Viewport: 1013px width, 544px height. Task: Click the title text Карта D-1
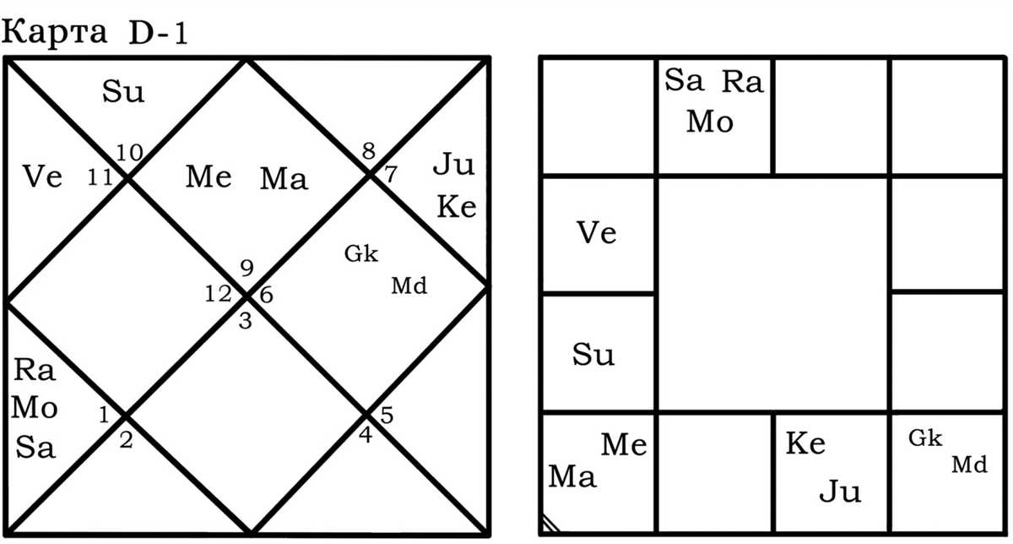click(95, 33)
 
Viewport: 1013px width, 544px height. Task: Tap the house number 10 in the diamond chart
click(129, 153)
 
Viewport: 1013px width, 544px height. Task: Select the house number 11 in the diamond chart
click(100, 177)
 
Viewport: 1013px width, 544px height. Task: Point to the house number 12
click(219, 294)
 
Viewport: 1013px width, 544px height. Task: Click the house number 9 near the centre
click(246, 268)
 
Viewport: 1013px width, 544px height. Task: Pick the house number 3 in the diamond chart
click(245, 321)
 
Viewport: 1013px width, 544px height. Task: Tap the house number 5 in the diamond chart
click(387, 415)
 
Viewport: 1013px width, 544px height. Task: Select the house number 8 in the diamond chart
click(369, 151)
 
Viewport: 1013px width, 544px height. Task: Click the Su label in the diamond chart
click(123, 91)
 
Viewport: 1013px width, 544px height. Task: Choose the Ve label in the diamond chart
click(42, 177)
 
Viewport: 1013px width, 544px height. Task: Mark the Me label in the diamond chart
click(209, 177)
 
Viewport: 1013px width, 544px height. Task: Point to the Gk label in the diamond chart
click(361, 254)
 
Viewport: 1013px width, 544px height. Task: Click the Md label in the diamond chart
click(409, 286)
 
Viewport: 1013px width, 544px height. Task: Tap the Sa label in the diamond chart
click(35, 448)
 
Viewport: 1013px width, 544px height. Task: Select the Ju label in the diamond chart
click(454, 166)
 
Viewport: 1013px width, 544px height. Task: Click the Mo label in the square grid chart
click(710, 122)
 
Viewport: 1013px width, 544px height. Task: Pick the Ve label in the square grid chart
click(597, 233)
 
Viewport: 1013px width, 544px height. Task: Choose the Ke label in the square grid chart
click(805, 443)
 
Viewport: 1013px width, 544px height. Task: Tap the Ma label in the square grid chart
click(572, 477)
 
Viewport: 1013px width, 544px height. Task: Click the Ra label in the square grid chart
click(743, 82)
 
